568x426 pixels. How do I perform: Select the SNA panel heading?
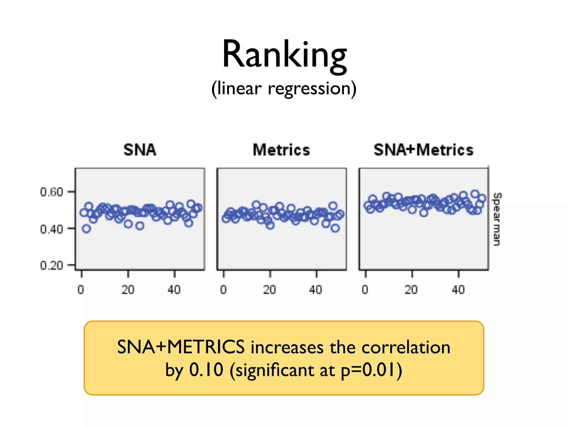tap(140, 150)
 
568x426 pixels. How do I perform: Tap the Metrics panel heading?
tap(281, 150)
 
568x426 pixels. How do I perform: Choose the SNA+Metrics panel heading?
tap(424, 150)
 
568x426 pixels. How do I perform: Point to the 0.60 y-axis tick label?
tap(52, 192)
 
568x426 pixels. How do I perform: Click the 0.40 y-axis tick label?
tap(52, 229)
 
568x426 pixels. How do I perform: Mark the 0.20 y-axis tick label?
tap(52, 266)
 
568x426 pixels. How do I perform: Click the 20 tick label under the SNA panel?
tap(128, 290)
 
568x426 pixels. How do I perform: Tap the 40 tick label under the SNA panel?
tap(174, 290)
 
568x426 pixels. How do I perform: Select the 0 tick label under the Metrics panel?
tap(224, 290)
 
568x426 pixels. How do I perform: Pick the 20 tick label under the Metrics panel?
tap(270, 290)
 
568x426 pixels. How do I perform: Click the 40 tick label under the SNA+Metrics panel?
tap(458, 290)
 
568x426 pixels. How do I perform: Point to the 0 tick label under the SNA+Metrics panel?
tap(365, 290)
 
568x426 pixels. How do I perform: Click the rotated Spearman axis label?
tap(497, 219)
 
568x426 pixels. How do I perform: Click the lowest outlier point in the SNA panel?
tap(87, 229)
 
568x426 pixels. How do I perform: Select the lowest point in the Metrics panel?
tap(335, 228)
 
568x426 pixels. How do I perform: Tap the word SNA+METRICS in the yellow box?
tap(181, 347)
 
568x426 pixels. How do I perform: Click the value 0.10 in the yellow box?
tap(206, 370)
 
